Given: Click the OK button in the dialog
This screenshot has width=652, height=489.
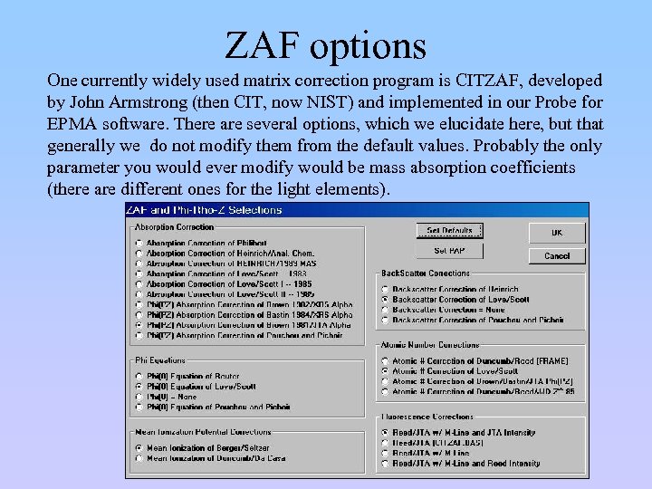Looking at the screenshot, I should click(556, 233).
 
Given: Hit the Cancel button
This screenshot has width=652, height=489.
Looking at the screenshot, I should click(556, 256).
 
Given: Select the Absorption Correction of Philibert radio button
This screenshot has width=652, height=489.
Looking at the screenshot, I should click(139, 243).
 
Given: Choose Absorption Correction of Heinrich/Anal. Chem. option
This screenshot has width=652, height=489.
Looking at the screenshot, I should click(139, 254).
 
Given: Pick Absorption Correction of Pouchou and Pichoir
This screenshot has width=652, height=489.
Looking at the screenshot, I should click(139, 335).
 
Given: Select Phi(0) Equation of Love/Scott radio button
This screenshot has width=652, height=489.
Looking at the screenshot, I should click(139, 387).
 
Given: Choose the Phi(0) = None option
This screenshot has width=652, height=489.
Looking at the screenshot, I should click(139, 397).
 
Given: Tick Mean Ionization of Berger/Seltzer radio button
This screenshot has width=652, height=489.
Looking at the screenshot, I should click(139, 447).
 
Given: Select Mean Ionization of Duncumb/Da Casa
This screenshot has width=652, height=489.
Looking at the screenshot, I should click(139, 458).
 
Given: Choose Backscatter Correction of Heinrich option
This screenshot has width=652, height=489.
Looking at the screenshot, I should click(385, 290).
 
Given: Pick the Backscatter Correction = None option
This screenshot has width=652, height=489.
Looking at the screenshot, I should click(385, 310).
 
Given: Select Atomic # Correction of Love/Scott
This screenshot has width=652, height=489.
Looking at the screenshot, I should click(385, 371).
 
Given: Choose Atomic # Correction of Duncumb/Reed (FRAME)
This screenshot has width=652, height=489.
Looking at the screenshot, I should click(385, 360).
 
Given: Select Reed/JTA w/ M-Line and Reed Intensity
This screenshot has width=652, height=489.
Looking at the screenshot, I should click(385, 464).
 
